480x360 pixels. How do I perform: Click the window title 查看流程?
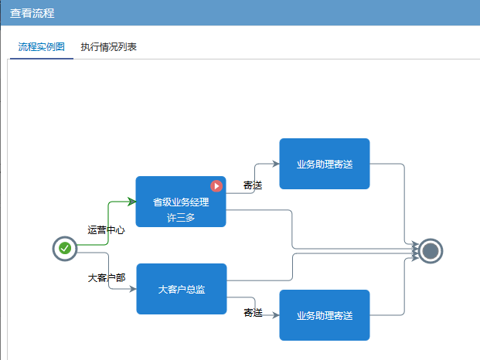coord(32,14)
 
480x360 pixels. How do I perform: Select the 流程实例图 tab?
coord(42,47)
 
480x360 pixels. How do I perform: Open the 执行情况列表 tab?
coord(109,47)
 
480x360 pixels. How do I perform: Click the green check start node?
coord(65,249)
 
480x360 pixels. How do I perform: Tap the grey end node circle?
coord(431,250)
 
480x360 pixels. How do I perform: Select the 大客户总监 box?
coord(181,289)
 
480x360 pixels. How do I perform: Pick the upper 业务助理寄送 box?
coord(324,164)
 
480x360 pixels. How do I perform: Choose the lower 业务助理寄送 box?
coord(324,315)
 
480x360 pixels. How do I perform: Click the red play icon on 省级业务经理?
coord(216,186)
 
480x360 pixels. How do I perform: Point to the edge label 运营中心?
coord(106,230)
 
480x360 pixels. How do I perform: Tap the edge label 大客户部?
coord(106,277)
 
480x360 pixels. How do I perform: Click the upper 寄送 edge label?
coord(253,185)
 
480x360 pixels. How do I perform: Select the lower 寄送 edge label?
coord(253,313)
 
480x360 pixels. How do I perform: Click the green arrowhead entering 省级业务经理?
coord(131,202)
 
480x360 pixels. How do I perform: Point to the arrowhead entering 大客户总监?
coord(132,289)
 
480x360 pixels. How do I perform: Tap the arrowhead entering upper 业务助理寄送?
coord(275,164)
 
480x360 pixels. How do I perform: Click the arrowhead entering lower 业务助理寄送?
coord(275,315)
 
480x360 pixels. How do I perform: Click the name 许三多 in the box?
coord(180,217)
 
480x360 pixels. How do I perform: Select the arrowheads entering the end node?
coord(415,250)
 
